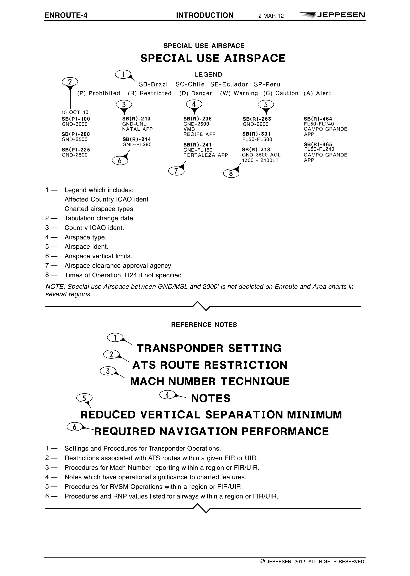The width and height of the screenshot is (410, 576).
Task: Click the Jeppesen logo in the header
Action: pos(332,15)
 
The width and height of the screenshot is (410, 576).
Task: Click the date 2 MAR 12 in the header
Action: pos(271,16)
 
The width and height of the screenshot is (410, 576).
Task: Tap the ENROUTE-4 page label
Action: pos(66,15)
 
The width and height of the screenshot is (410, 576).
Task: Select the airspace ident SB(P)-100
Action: pos(76,119)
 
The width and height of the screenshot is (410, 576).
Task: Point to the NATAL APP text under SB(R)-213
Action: pos(137,129)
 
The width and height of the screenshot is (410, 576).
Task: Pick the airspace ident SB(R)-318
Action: pos(256,150)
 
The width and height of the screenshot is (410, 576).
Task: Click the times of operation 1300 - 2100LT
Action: pos(260,161)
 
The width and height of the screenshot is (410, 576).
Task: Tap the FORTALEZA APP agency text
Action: pos(206,155)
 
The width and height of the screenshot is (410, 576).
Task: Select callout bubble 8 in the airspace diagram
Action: pos(231,173)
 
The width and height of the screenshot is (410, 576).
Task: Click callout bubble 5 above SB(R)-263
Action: pos(266,104)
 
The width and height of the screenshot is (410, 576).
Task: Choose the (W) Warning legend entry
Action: pos(239,93)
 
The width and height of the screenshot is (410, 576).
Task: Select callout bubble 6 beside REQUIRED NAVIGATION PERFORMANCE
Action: pos(74,427)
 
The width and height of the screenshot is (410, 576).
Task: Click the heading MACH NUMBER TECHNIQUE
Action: pos(210,381)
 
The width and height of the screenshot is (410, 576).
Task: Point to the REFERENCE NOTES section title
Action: pos(204,325)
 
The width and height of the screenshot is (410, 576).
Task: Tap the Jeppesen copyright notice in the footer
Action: pos(313,562)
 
